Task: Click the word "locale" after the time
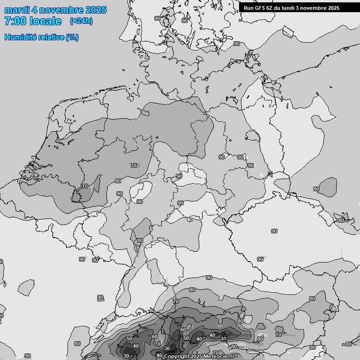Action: (x=45, y=22)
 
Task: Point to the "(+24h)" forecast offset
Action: (x=81, y=21)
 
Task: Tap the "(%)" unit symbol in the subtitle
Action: (x=72, y=37)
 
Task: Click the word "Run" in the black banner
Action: (x=248, y=7)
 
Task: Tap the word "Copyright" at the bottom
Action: (x=177, y=357)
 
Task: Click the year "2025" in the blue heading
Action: (x=95, y=10)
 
